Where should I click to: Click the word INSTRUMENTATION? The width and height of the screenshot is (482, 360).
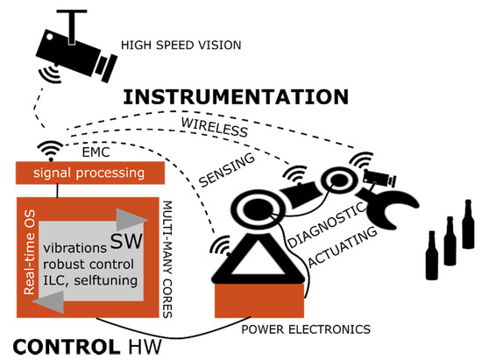pyautogui.click(x=236, y=96)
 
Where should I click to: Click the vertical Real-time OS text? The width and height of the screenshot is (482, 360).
pyautogui.click(x=31, y=253)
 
